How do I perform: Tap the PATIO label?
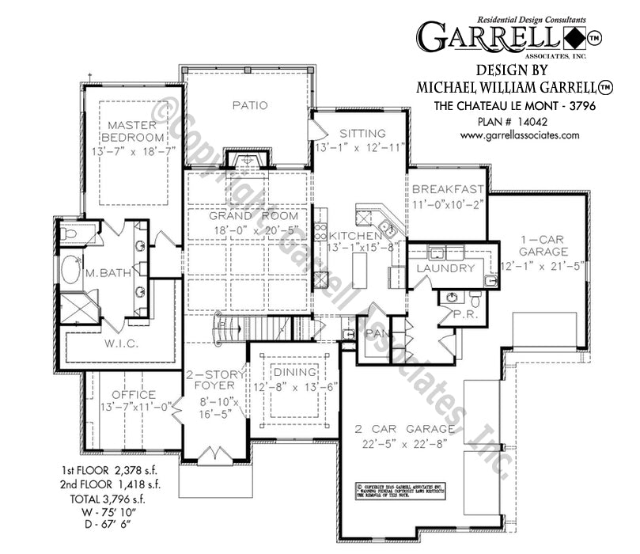[250, 104]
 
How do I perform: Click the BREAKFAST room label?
[448, 189]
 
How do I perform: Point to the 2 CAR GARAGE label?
[403, 430]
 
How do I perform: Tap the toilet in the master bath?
[69, 233]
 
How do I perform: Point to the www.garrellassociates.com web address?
[519, 135]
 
